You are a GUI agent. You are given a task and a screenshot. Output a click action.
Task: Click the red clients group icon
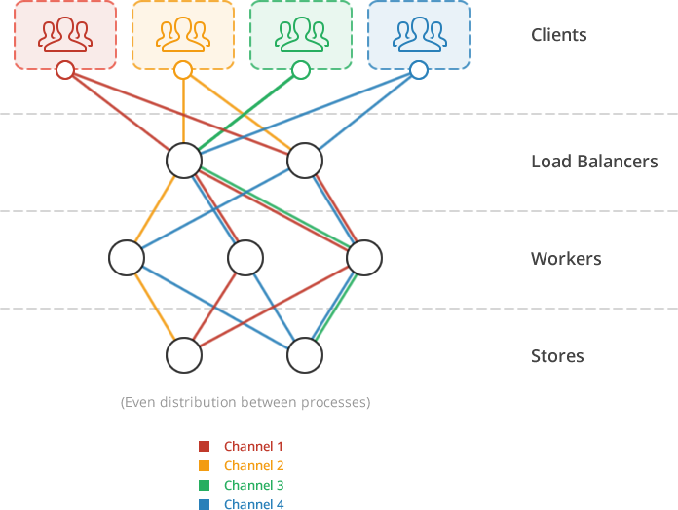pos(65,34)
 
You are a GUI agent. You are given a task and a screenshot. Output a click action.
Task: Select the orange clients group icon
pos(183,34)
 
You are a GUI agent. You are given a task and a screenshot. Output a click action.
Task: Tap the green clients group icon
pos(301,34)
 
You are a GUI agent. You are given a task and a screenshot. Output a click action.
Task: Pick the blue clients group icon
pos(419,34)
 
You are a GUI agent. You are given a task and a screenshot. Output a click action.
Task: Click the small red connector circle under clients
pos(65,70)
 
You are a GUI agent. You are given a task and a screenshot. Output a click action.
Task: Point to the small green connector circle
pos(301,70)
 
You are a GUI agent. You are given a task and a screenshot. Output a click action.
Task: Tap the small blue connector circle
pos(419,70)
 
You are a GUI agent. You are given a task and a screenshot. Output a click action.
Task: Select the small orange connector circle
pos(183,70)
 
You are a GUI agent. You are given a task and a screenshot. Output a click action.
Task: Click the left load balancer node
pos(184,162)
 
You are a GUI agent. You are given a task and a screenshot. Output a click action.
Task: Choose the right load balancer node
pos(305,162)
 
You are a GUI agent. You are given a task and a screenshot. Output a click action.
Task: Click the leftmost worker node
pos(127,259)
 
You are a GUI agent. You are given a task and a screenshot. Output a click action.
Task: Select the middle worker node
pos(245,259)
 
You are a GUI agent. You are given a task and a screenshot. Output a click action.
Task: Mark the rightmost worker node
pos(364,259)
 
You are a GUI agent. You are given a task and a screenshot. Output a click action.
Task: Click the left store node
pos(184,356)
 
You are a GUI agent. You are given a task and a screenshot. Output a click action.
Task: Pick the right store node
pos(305,356)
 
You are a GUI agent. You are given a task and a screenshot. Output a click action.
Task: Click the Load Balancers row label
pos(594,162)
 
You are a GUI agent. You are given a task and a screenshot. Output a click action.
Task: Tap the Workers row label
pos(566,259)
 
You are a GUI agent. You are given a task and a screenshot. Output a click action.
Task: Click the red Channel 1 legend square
pos(205,447)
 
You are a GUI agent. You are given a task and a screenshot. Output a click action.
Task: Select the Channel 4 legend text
pos(253,504)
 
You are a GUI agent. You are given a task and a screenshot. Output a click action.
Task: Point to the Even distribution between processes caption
pos(245,402)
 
